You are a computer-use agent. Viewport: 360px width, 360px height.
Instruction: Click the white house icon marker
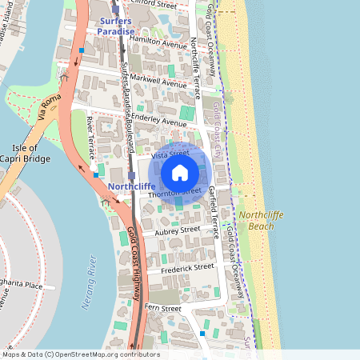[x=180, y=172]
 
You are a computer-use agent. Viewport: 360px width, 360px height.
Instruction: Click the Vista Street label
[x=170, y=152]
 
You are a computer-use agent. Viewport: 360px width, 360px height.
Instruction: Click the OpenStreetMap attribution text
[x=80, y=354]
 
